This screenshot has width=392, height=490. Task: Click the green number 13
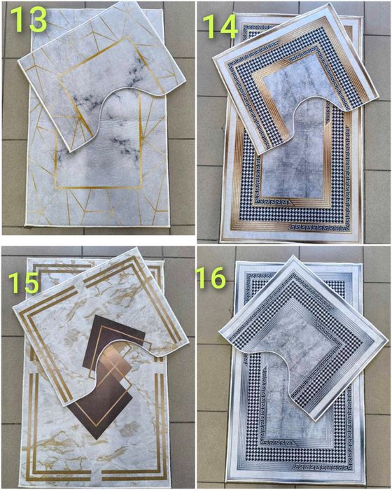tap(29, 20)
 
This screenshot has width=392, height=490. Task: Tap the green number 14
tap(220, 27)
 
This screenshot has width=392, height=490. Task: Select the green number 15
tap(24, 282)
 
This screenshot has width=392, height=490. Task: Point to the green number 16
tap(211, 277)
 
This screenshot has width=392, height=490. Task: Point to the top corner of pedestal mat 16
tap(293, 256)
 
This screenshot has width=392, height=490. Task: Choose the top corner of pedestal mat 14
tap(329, 3)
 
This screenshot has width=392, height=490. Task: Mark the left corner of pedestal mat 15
tap(13, 307)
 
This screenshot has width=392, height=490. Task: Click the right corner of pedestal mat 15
tap(188, 343)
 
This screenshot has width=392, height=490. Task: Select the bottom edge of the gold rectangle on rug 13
tap(99, 188)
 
